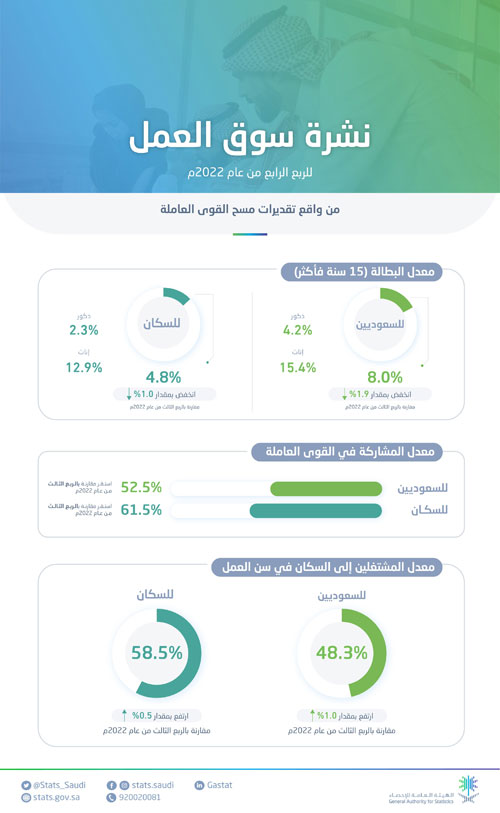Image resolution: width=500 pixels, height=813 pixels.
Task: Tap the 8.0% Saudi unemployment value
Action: pos(385,377)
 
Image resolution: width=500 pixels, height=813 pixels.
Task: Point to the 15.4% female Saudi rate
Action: pos(297,369)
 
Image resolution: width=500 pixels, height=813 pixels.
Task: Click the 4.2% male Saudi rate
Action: pos(297,329)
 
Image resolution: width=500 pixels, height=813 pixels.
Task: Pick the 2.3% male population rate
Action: pos(85,329)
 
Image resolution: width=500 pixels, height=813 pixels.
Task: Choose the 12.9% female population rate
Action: pos(85,368)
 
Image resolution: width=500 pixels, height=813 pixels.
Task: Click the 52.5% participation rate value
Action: pos(141,488)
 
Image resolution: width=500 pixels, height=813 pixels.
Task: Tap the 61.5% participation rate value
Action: pos(141,511)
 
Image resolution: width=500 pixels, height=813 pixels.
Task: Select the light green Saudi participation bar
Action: pos(326,488)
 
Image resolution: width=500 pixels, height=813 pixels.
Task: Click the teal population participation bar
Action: pos(315,511)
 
